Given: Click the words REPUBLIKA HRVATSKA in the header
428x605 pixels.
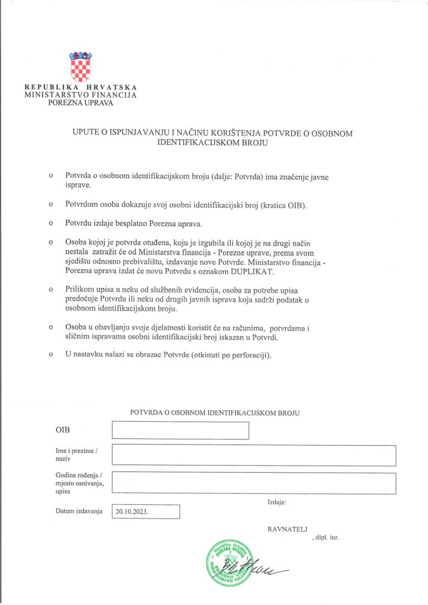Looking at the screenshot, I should point(80,87).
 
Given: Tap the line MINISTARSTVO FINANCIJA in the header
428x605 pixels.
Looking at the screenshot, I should point(80,95).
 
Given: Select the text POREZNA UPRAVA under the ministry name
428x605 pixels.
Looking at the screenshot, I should point(80,103).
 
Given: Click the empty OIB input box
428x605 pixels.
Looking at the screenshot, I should point(180,431).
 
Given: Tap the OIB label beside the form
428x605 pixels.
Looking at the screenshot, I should point(64,431).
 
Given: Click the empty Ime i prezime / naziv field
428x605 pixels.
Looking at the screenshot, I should point(254,455).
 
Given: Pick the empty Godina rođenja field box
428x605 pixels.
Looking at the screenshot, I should point(254,483).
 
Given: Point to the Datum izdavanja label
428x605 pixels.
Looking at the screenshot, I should point(79,511).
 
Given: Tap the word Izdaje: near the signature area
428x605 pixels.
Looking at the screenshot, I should point(277,502).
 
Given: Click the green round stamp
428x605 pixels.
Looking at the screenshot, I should point(227,563).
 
